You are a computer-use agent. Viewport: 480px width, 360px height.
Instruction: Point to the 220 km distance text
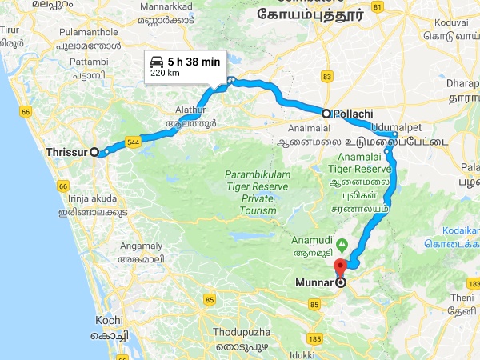tap(165, 74)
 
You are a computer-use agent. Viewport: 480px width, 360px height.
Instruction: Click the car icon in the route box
tap(157, 61)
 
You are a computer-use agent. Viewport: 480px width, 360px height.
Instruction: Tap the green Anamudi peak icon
tap(342, 243)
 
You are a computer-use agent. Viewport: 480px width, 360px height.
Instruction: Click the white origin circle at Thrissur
tap(94, 151)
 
